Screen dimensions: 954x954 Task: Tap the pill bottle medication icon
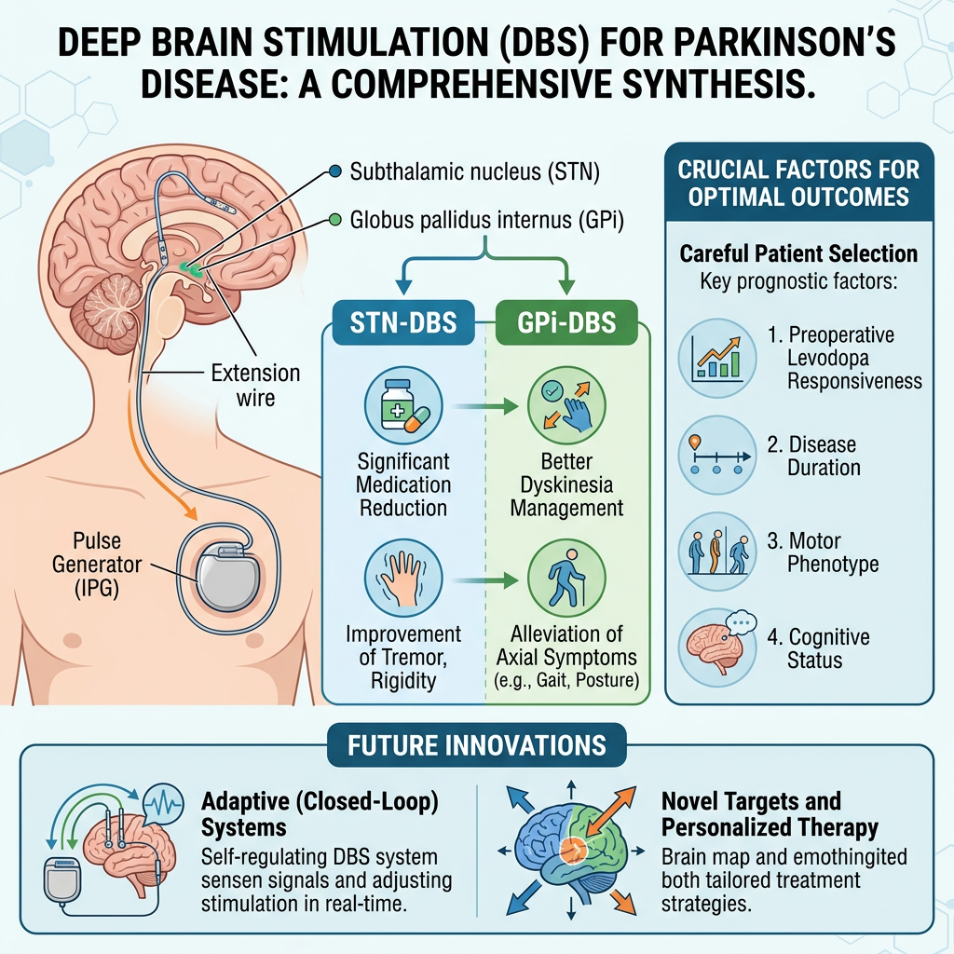402,410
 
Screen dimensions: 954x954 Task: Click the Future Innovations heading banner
476,745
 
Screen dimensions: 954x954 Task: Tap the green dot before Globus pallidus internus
335,221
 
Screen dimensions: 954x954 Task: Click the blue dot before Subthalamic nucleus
335,171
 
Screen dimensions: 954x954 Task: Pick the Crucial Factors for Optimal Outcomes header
798,184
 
